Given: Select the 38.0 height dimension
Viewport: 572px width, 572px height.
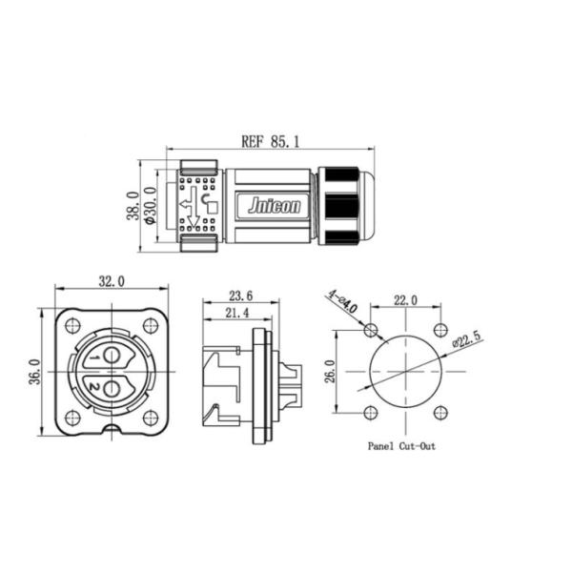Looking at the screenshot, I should pyautogui.click(x=134, y=205).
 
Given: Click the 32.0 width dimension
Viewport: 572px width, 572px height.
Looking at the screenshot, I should pyautogui.click(x=112, y=282).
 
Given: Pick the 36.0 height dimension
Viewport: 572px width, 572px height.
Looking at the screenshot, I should pyautogui.click(x=35, y=372).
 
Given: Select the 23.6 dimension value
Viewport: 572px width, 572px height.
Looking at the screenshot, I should pyautogui.click(x=240, y=296).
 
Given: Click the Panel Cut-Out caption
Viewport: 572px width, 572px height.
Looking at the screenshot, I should pyautogui.click(x=401, y=445).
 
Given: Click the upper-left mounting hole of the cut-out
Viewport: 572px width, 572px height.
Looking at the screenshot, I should pyautogui.click(x=371, y=331).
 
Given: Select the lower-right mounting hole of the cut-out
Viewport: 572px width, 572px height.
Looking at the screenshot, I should pyautogui.click(x=439, y=414).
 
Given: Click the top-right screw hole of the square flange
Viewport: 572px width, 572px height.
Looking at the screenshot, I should pyautogui.click(x=150, y=326).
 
